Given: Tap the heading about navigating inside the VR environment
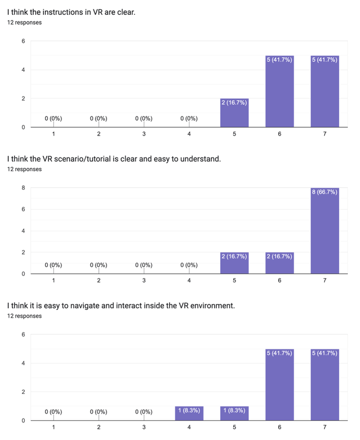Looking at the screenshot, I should [121, 305].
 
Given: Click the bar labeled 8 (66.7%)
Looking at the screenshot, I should [324, 230].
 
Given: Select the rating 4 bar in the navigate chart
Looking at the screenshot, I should [189, 414].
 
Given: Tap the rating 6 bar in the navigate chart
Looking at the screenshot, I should [279, 385].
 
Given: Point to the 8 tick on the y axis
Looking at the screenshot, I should [24, 188].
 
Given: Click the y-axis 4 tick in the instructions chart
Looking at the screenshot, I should [24, 70].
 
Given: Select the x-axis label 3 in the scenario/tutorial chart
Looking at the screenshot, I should [144, 281].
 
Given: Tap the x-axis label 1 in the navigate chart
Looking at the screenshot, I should [53, 427].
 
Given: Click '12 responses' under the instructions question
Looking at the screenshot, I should [24, 23].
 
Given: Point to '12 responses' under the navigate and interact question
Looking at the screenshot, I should [24, 316].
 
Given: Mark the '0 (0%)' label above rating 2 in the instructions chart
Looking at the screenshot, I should [99, 119].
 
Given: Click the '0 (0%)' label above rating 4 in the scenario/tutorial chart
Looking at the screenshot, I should [189, 266].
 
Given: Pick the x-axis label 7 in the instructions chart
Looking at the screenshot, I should [324, 134].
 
